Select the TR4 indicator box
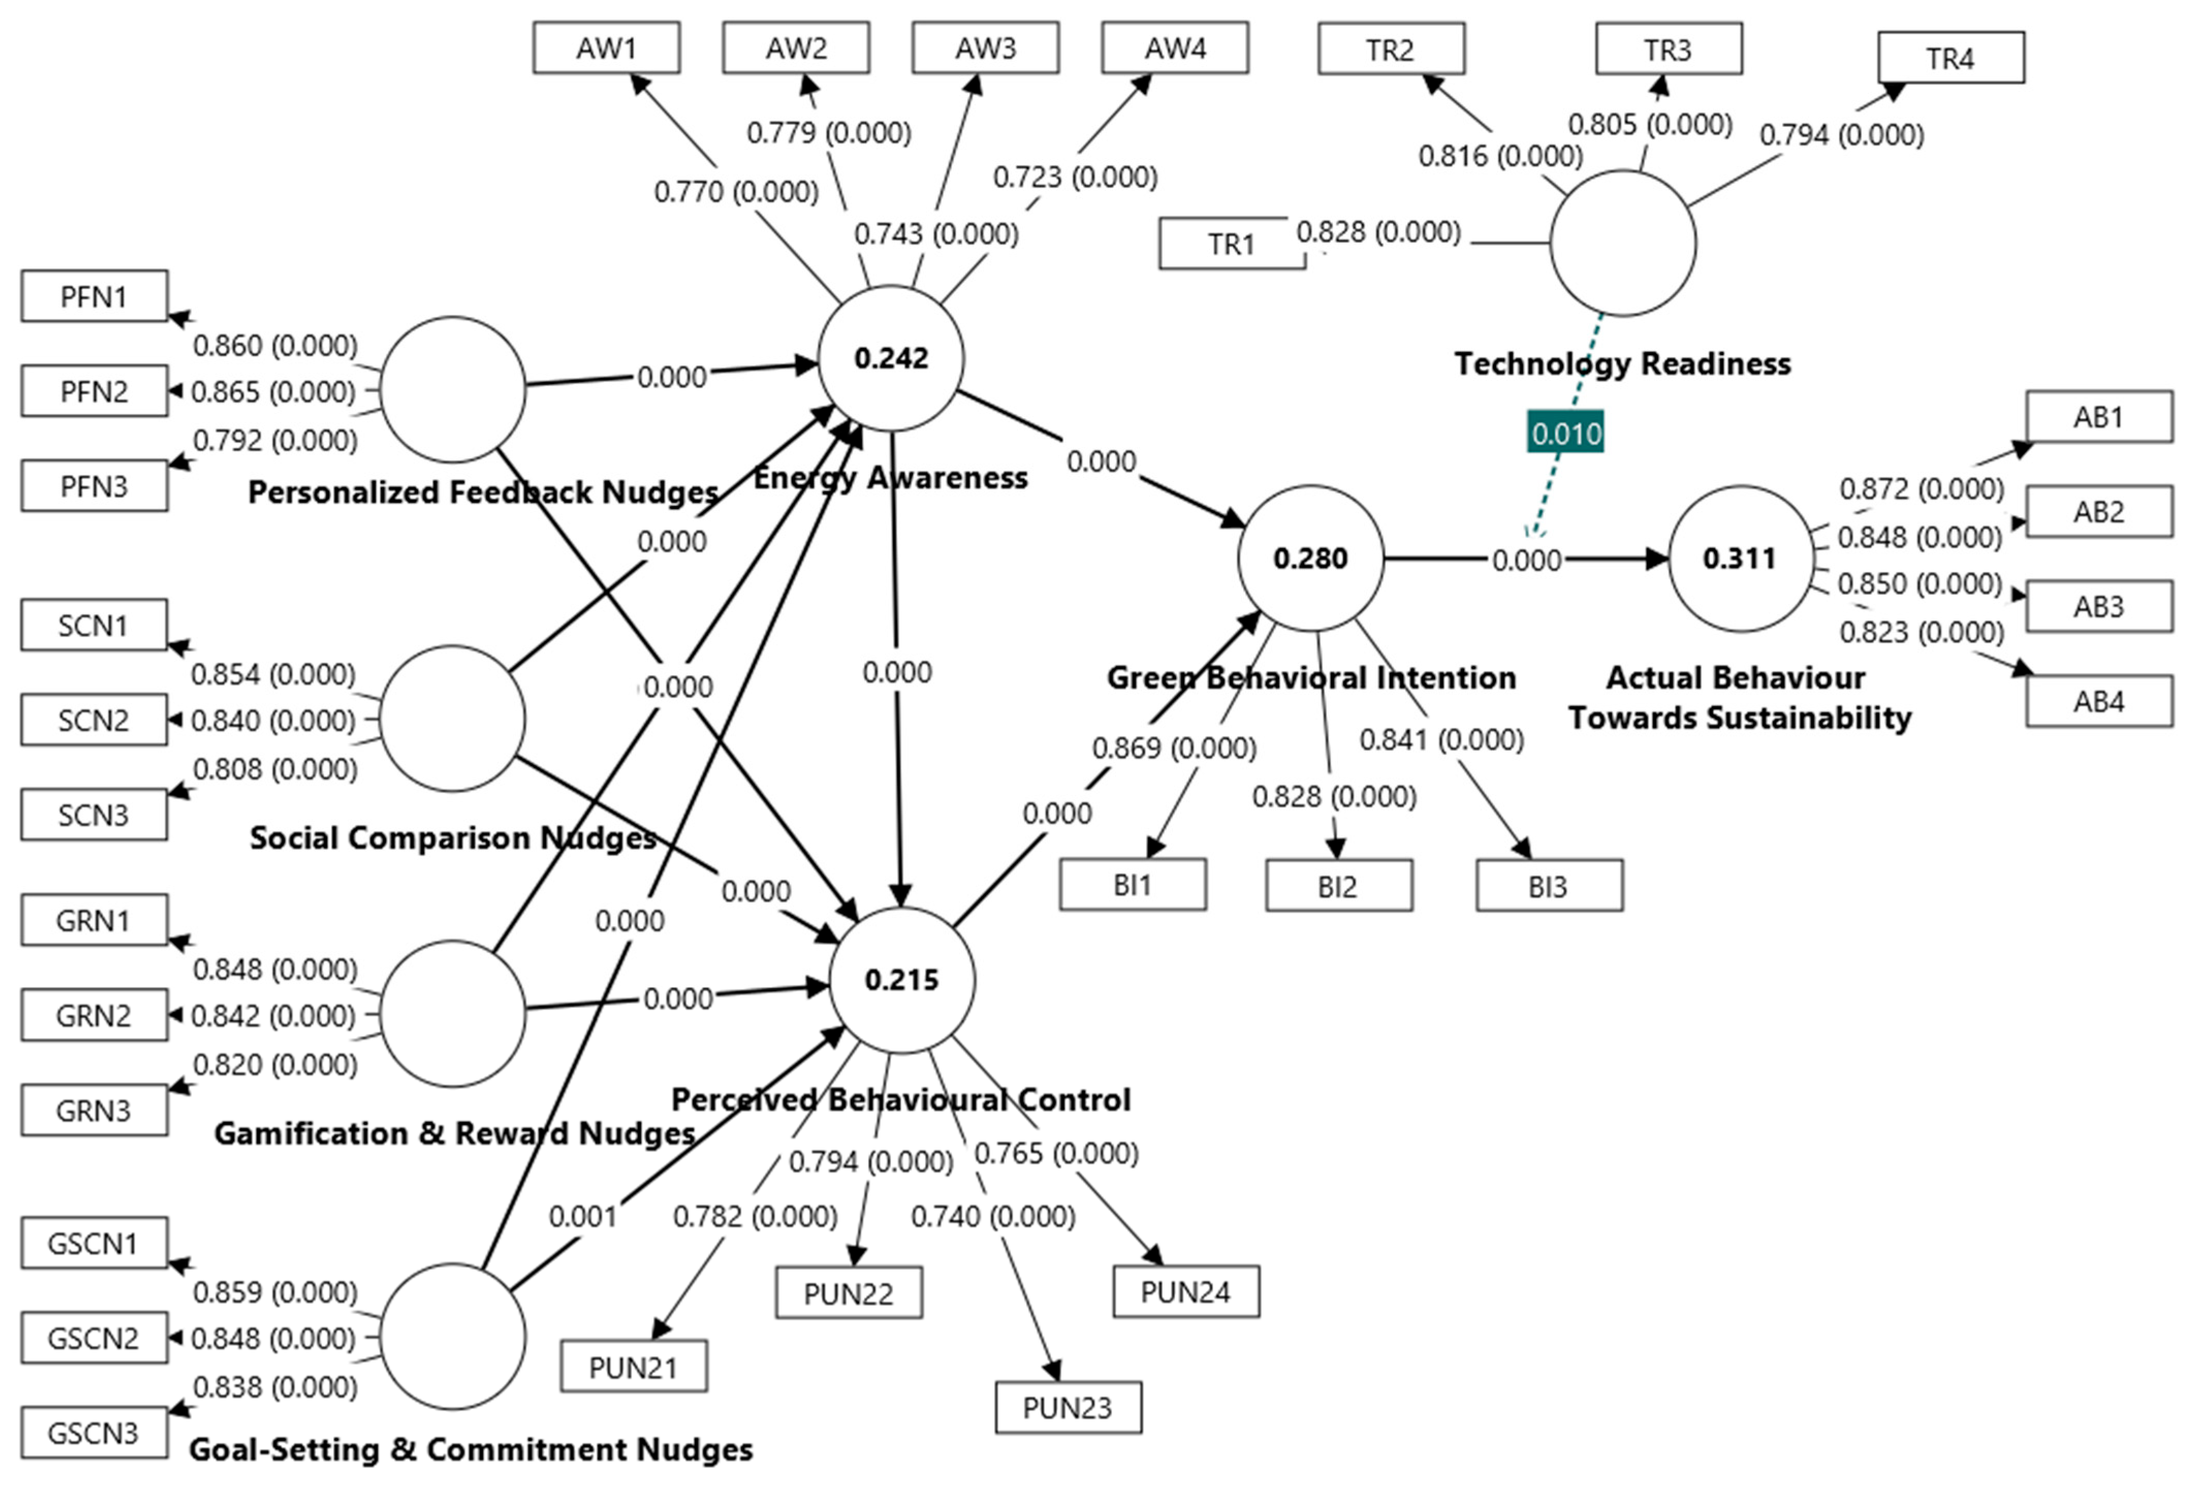(1950, 58)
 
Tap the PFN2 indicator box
(94, 391)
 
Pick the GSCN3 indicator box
(94, 1432)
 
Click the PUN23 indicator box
(1068, 1408)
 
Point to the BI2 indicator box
(1339, 886)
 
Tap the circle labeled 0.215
(901, 980)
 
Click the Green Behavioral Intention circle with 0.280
(1310, 558)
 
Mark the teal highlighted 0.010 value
(1565, 434)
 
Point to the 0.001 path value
(582, 1216)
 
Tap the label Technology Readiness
(1622, 363)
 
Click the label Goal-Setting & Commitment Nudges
(471, 1449)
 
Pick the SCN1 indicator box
(94, 625)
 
